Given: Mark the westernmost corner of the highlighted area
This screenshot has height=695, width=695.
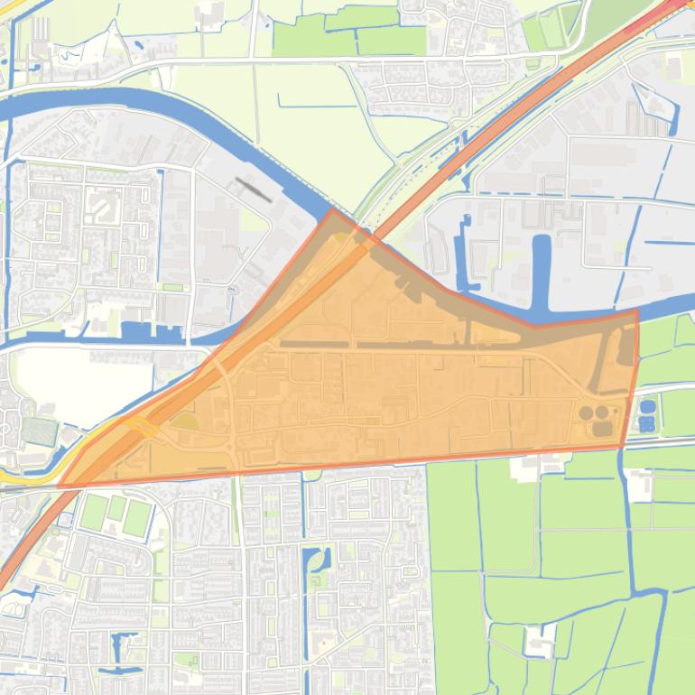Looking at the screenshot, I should pyautogui.click(x=60, y=486).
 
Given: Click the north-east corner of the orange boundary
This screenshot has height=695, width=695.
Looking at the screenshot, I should pyautogui.click(x=638, y=311).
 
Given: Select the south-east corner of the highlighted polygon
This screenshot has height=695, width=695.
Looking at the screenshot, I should pyautogui.click(x=621, y=447).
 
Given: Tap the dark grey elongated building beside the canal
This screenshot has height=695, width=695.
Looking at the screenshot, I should pyautogui.click(x=253, y=189).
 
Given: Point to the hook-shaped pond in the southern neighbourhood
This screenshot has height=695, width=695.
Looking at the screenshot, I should pyautogui.click(x=315, y=565).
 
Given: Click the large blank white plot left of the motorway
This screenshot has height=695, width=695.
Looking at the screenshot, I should pyautogui.click(x=81, y=379).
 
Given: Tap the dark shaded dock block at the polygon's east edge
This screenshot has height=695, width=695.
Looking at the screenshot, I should pyautogui.click(x=625, y=348).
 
